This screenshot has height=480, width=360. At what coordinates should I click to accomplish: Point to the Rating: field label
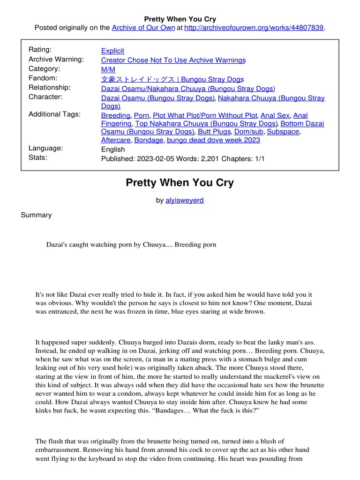40,50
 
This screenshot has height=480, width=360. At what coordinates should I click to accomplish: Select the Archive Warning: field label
56,59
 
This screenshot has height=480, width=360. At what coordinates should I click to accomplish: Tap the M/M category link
108,69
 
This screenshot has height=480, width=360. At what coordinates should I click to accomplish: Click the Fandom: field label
43,78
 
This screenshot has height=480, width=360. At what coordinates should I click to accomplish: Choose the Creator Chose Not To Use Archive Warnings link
173,60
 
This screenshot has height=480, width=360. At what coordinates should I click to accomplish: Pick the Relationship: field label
50,87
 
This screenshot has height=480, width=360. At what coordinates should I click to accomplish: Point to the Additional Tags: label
54,114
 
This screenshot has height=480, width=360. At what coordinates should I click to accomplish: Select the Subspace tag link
283,132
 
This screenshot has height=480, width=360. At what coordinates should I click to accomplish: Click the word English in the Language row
113,149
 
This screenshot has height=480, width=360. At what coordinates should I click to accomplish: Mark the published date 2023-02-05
154,158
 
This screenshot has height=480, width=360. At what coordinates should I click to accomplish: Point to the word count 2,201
215,158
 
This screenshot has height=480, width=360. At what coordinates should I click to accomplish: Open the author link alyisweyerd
185,200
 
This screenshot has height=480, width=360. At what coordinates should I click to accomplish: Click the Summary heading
36,215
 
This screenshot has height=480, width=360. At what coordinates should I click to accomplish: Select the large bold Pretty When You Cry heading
180,183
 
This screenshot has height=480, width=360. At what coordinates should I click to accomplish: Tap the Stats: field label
38,157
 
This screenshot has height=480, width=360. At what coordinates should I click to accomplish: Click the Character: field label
45,97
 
